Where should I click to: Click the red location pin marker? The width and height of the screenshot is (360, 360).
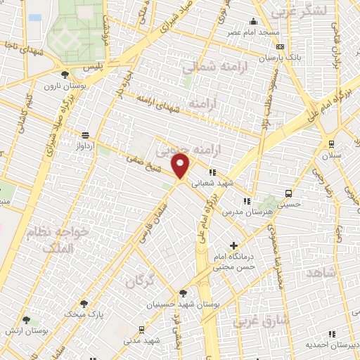pyautogui.click(x=181, y=167)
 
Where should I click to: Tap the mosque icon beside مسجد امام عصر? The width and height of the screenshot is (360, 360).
pyautogui.click(x=253, y=22)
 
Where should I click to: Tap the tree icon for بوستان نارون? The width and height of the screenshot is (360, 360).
pyautogui.click(x=65, y=74)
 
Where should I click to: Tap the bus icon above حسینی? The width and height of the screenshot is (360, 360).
pyautogui.click(x=288, y=194)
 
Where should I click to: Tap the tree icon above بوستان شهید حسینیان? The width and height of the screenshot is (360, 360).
pyautogui.click(x=184, y=294)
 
